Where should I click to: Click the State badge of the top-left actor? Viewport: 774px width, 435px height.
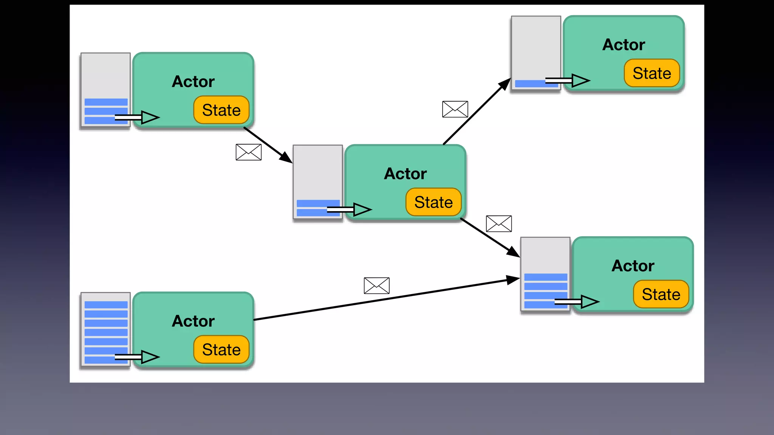221,110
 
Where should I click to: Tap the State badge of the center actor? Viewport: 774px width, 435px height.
433,202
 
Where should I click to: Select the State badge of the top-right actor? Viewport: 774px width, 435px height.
652,73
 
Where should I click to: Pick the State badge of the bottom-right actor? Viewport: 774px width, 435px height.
661,294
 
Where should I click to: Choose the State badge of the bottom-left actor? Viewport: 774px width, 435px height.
221,349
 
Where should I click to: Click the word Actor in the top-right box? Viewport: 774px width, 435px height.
624,45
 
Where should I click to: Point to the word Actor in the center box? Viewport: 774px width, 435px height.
405,174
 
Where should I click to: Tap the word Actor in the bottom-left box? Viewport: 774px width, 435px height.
193,321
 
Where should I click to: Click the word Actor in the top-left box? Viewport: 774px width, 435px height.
193,82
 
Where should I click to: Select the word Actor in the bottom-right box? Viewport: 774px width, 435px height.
633,266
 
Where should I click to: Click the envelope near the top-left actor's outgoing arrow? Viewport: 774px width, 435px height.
248,152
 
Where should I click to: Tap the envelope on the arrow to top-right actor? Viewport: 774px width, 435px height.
455,109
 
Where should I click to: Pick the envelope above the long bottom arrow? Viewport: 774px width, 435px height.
376,285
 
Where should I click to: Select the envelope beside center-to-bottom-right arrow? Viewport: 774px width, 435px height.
498,224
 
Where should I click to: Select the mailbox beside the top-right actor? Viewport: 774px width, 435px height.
536,53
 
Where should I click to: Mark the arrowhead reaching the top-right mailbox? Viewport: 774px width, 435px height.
506,83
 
